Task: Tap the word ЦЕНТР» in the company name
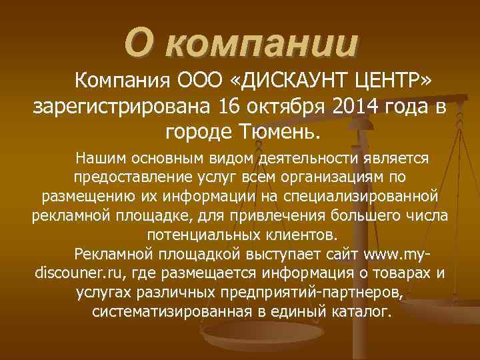[x=395, y=83]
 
